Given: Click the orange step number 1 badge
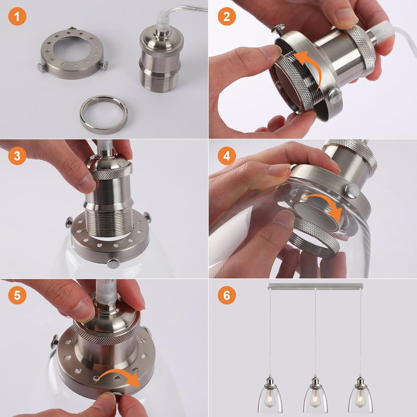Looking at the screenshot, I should [17, 16].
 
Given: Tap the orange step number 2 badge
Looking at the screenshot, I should [227, 16].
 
